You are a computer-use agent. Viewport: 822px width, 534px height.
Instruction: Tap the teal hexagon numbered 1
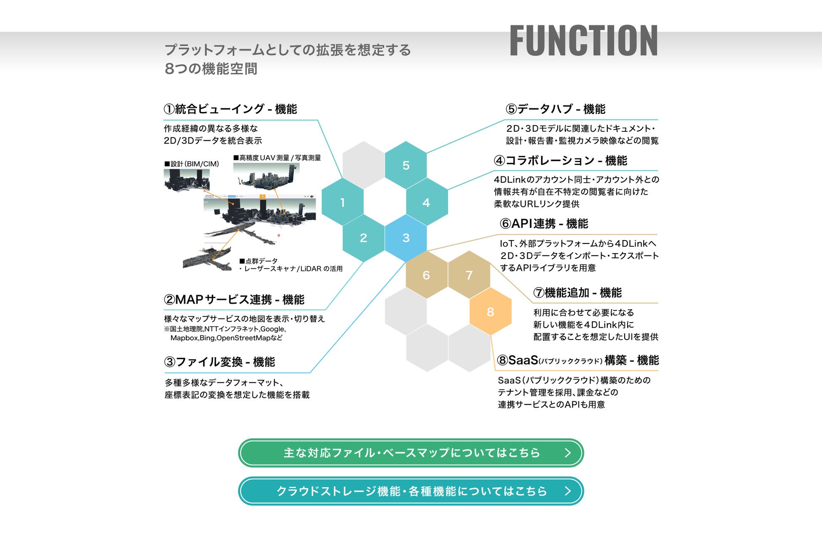[342, 202]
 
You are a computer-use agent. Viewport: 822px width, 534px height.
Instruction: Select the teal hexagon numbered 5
[406, 165]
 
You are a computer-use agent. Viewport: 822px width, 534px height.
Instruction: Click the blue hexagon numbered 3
[406, 238]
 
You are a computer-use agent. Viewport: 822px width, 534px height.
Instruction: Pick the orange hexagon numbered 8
[490, 312]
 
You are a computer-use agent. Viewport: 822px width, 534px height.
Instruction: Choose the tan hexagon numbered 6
[426, 275]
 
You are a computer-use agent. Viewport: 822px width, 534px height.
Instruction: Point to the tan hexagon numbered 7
[469, 275]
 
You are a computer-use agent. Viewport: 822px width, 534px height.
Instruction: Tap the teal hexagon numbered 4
[426, 202]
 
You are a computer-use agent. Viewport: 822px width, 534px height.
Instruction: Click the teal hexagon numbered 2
[363, 238]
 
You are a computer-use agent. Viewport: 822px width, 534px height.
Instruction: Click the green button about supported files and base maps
[411, 453]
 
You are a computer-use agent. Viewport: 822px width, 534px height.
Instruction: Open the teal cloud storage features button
[411, 491]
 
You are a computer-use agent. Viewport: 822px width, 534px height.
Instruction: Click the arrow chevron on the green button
[567, 453]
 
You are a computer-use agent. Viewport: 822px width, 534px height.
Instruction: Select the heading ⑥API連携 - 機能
[544, 224]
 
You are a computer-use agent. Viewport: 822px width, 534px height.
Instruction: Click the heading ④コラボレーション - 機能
[560, 160]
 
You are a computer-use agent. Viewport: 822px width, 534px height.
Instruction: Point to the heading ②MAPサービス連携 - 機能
[234, 299]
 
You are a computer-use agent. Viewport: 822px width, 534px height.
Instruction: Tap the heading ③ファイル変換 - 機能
[219, 362]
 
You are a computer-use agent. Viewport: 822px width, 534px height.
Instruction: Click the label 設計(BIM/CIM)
[192, 164]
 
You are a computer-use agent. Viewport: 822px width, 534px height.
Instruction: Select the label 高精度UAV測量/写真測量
[277, 158]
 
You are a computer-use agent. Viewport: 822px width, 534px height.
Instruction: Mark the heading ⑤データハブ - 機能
[555, 109]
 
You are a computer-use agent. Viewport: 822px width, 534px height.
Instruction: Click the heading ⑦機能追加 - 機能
[577, 293]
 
